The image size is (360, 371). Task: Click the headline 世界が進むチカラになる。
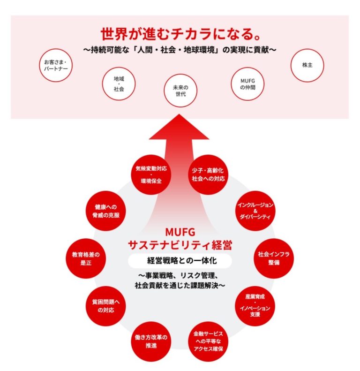(x=180, y=34)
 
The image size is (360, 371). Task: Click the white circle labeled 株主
(x=307, y=65)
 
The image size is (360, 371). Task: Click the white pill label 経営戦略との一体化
(x=180, y=260)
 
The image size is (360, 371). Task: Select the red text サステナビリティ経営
(x=180, y=245)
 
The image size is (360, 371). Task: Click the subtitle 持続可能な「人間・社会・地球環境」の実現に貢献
(x=180, y=49)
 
